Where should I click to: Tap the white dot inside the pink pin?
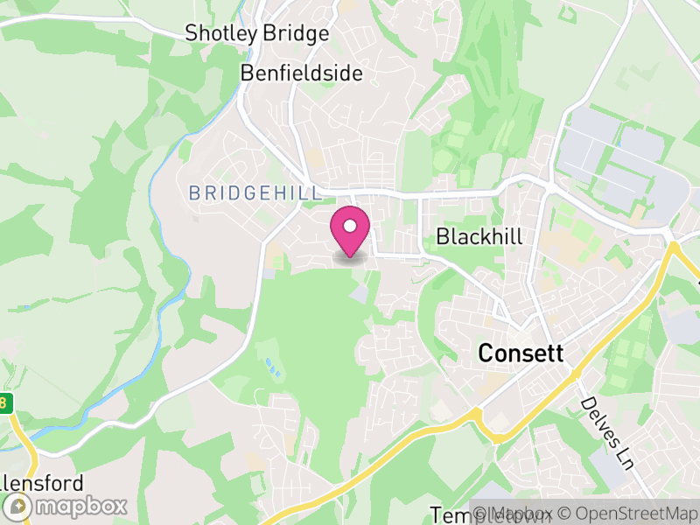[x=350, y=227]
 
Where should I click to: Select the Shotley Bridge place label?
[x=257, y=34]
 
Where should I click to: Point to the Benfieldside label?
[x=301, y=73]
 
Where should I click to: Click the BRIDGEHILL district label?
[x=248, y=193]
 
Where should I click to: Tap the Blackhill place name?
[x=479, y=236]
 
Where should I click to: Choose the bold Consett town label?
[x=521, y=353]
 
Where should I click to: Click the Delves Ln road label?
[x=606, y=433]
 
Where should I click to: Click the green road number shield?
[x=7, y=403]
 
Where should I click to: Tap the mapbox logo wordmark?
[x=81, y=506]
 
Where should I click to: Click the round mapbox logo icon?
[x=19, y=506]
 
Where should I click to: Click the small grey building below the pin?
[x=360, y=294]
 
